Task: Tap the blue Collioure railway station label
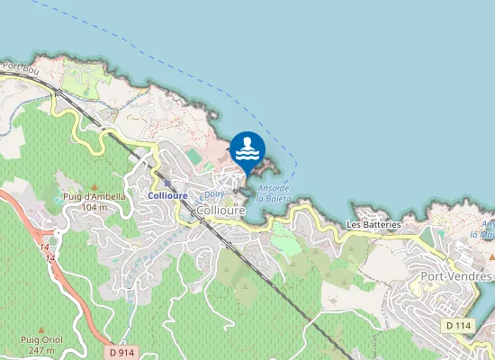click(x=167, y=195)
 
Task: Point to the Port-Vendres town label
click(x=458, y=276)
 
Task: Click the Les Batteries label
click(x=373, y=224)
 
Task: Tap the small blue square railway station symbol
click(x=167, y=184)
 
